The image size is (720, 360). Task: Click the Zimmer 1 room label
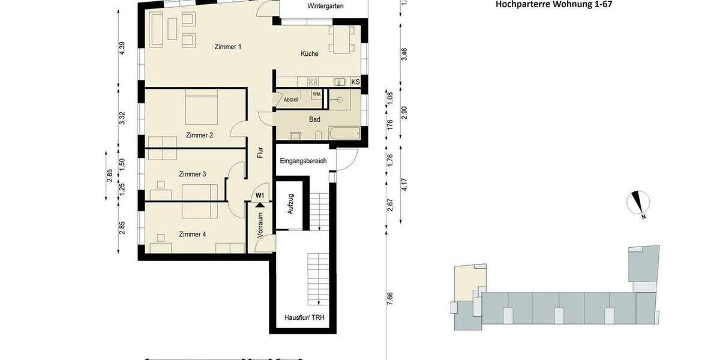coord(227,47)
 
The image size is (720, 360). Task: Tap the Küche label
coord(310,54)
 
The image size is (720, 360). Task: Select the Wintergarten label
coord(325,6)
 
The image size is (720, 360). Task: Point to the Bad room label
coord(315,119)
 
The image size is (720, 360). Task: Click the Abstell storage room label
coord(291,100)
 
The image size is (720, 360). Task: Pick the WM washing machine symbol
coord(316,95)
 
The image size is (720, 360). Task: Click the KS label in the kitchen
coord(355,82)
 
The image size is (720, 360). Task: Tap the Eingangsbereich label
coord(303,161)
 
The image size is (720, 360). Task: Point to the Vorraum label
coord(260,225)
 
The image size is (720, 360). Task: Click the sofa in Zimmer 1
coord(156,29)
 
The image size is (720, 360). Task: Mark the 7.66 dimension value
coord(390,298)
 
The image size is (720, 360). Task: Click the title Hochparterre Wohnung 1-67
coord(554,4)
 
